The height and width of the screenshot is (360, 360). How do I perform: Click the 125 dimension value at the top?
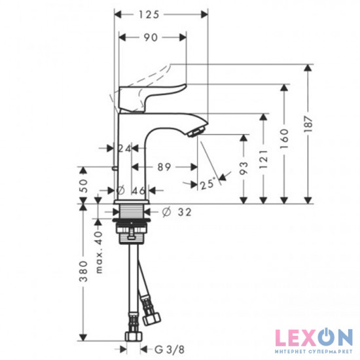tap(149, 14)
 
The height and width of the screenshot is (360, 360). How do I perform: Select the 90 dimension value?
tap(151, 37)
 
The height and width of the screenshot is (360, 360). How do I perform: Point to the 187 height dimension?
tap(309, 124)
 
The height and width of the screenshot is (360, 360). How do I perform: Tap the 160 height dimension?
tap(285, 138)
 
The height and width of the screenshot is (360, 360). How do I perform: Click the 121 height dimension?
tap(264, 159)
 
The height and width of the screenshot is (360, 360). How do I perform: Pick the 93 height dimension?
tap(244, 168)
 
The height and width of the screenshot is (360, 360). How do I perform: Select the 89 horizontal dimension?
tap(164, 167)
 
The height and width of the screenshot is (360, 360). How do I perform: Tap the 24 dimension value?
tap(124, 149)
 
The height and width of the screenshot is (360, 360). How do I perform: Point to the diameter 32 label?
tap(177, 212)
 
